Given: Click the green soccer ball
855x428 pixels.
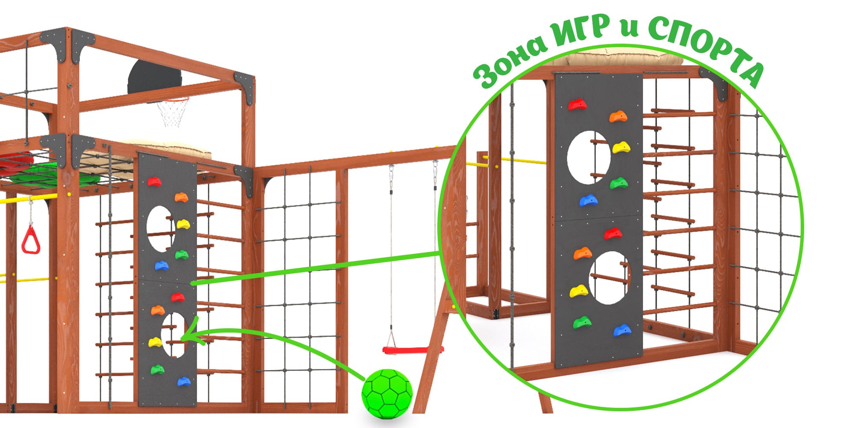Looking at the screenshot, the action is pyautogui.click(x=387, y=391).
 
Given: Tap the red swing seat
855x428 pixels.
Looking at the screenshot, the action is pyautogui.click(x=413, y=350).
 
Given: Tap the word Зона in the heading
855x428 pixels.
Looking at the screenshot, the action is pyautogui.click(x=511, y=62).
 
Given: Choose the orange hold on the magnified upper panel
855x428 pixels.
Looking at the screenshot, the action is pyautogui.click(x=619, y=116).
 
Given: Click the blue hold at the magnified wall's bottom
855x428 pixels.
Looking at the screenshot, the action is pyautogui.click(x=622, y=330).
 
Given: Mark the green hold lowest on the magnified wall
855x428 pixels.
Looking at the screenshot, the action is pyautogui.click(x=582, y=322).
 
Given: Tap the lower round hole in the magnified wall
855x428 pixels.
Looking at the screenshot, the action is pyautogui.click(x=608, y=278).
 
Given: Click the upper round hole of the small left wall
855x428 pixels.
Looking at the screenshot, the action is pyautogui.click(x=160, y=228).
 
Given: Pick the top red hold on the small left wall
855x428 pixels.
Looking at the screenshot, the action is pyautogui.click(x=154, y=182).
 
